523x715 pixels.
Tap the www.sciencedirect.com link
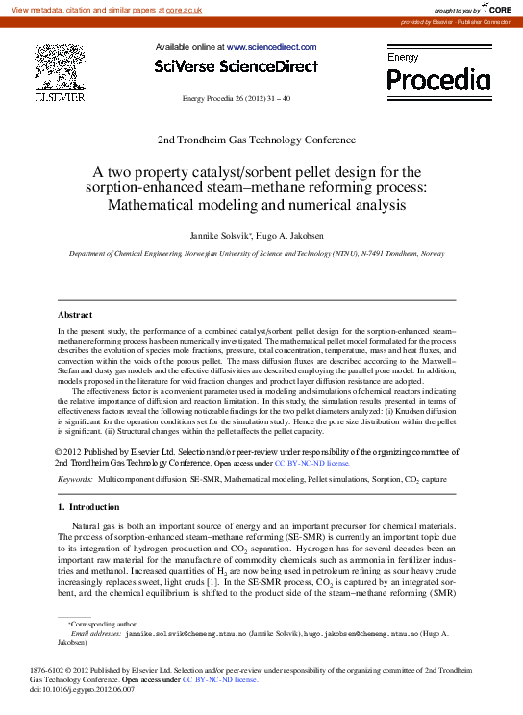271,46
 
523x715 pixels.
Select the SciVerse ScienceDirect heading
236,66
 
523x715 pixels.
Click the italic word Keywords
74,478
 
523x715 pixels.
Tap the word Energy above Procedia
403,58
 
